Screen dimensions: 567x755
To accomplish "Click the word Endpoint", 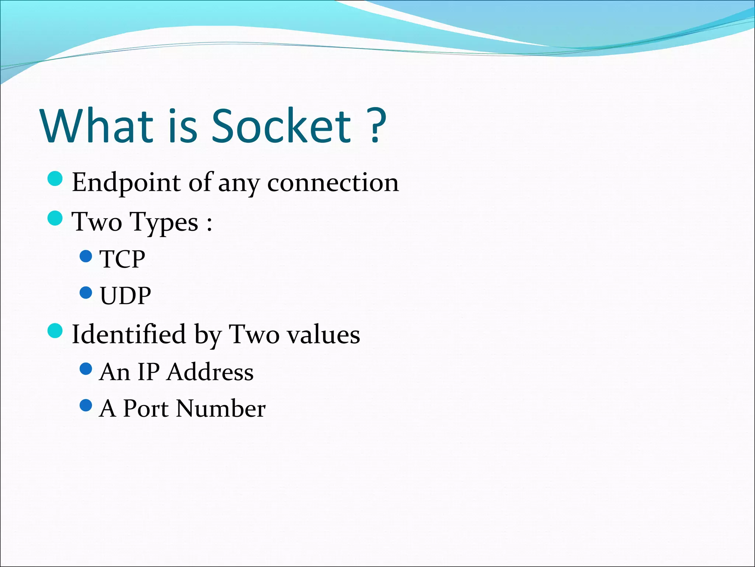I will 126,183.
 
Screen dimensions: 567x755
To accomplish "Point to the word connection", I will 333,183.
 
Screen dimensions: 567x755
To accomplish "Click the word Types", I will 164,222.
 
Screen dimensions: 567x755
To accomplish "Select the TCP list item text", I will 122,259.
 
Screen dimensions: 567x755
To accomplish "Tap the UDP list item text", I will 125,296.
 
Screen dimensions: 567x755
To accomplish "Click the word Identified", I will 129,334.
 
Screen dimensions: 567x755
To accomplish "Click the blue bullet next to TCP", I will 86,256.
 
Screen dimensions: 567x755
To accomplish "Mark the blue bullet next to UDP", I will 86,293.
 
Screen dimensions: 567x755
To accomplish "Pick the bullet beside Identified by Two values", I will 55,330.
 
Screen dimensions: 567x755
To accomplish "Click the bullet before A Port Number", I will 86,406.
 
